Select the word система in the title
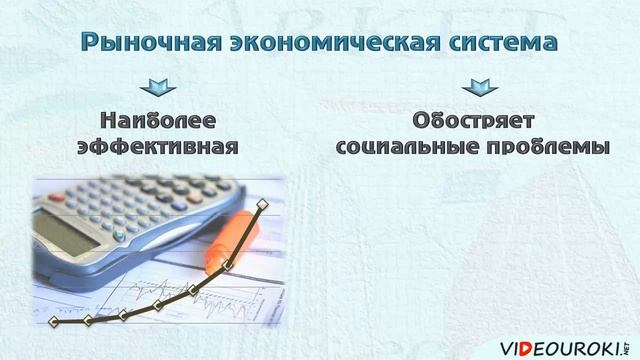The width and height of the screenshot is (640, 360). click(502, 43)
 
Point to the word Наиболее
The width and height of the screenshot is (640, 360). click(157, 121)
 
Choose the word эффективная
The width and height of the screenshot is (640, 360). click(157, 146)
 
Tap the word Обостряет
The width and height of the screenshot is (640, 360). click(471, 121)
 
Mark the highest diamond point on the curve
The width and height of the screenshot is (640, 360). click(263, 205)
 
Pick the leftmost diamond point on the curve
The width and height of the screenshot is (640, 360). click(53, 322)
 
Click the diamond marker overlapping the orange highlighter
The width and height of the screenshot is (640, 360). click(228, 265)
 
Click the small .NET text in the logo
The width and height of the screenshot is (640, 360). click(628, 337)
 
